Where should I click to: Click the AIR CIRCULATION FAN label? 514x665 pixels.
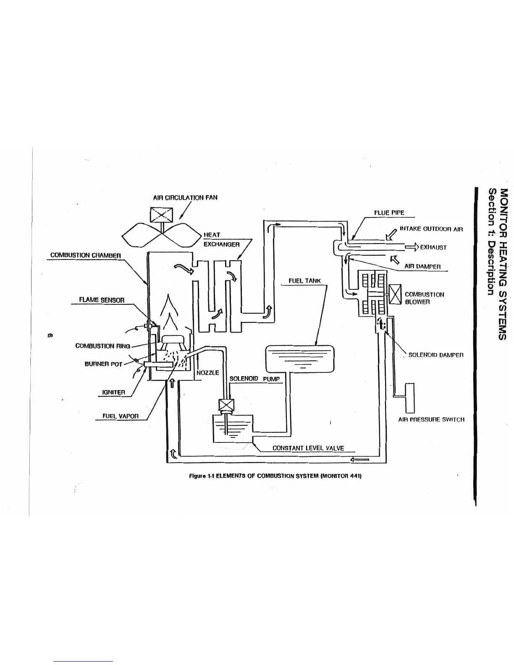coord(185,197)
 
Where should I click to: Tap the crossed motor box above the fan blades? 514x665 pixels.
coord(159,216)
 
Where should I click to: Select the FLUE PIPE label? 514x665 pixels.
coord(389,213)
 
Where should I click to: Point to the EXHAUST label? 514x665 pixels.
coord(433,247)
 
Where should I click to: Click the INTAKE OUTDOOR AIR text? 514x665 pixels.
coord(431,229)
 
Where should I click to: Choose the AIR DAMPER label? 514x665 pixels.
coord(422,267)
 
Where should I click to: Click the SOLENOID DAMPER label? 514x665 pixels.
coord(435,355)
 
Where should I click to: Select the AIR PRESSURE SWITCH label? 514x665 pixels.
coord(431,419)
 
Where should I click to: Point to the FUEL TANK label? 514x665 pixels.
coord(304,281)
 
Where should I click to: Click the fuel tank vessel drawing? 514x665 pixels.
coord(299,359)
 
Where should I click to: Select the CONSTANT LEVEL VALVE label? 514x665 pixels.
coord(308,448)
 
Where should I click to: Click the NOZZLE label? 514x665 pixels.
coord(208,373)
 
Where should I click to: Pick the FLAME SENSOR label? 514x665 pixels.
coord(102,300)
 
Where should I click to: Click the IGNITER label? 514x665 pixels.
coord(114,393)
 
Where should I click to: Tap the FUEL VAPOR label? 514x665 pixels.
coord(121,416)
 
